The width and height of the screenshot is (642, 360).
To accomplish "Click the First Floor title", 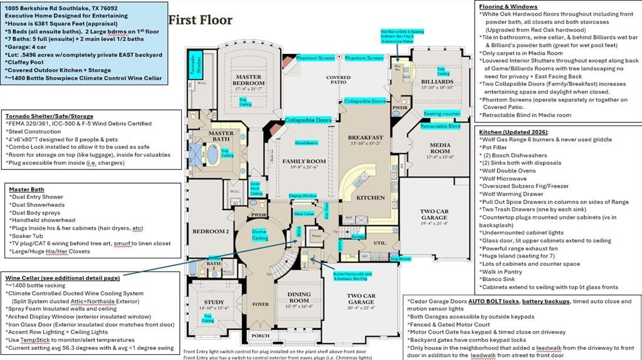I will (x=200, y=20).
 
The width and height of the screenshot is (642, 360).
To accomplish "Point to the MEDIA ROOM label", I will (x=439, y=148).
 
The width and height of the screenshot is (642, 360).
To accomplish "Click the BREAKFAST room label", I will (x=366, y=137).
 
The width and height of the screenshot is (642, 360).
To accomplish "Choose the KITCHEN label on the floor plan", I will (x=371, y=198).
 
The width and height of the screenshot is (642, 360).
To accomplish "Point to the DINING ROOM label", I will (x=299, y=297).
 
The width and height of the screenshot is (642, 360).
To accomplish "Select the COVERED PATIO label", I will (x=338, y=80).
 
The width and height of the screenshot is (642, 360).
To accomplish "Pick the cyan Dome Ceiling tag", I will (x=260, y=235).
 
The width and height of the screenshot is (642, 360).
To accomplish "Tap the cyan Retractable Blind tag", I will (x=440, y=126).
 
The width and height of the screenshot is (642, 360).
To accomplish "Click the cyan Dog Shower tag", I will (x=401, y=258).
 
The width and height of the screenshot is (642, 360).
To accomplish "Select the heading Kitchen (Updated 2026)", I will (x=513, y=132).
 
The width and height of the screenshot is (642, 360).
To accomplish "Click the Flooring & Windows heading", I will (x=509, y=6).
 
